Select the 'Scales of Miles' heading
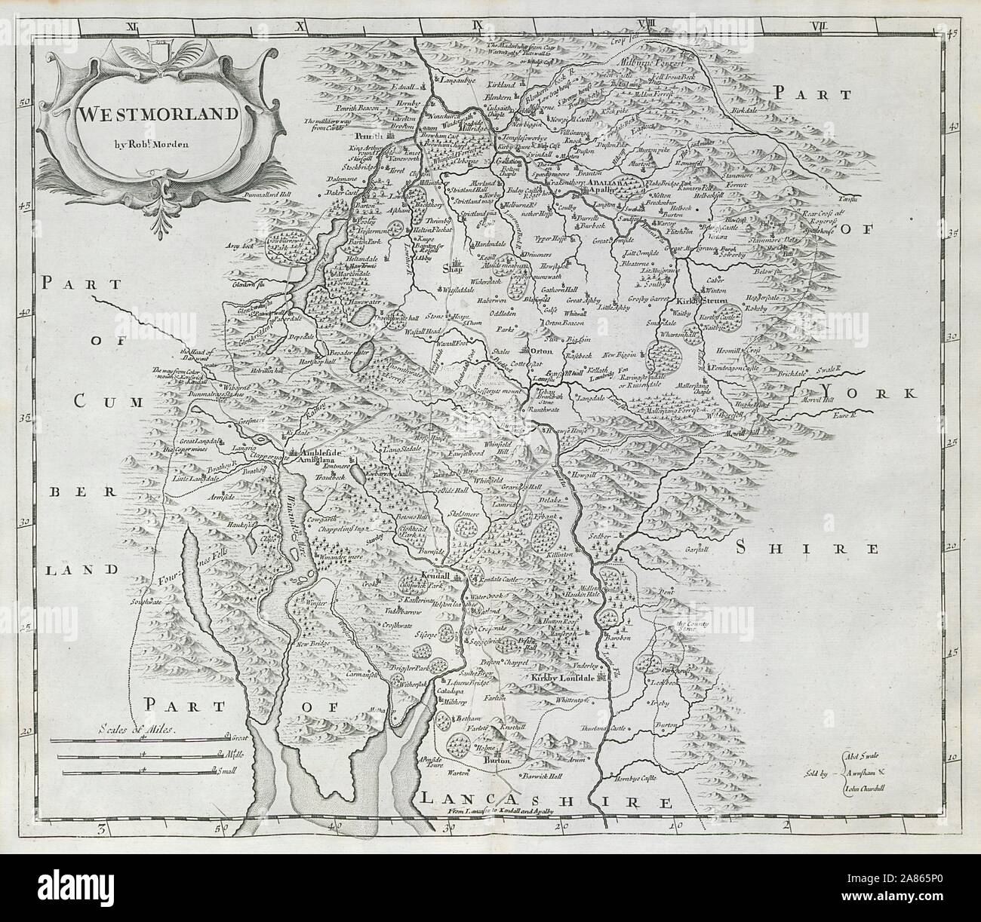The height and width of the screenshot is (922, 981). pyautogui.click(x=135, y=728)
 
